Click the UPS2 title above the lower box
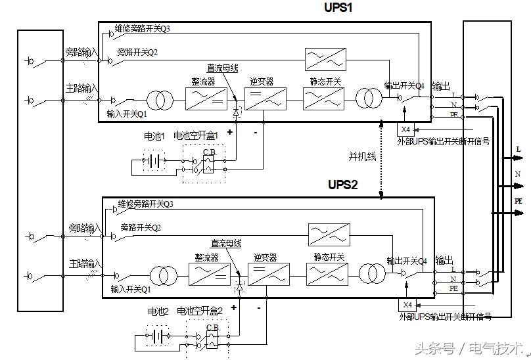[x=342, y=185]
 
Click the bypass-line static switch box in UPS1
[x=325, y=59]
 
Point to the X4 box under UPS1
[x=405, y=129]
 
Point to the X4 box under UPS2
[x=407, y=305]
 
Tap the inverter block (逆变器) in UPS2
[x=268, y=273]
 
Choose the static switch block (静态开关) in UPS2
[x=327, y=273]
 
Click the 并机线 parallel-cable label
[x=362, y=156]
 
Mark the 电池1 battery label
[x=155, y=136]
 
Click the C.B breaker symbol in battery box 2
[x=212, y=339]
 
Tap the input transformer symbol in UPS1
[x=159, y=101]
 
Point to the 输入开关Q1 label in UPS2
[x=131, y=289]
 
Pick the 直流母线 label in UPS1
[x=223, y=68]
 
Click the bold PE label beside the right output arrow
[x=519, y=202]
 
